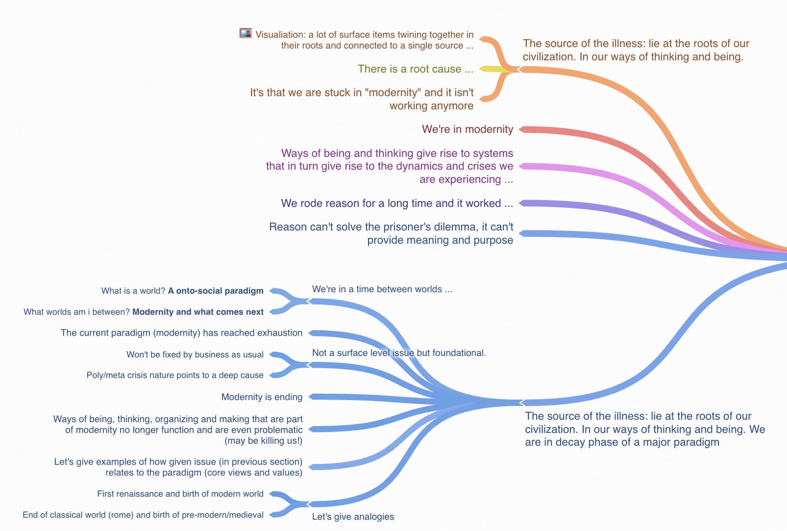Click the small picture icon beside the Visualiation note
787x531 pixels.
pyautogui.click(x=246, y=33)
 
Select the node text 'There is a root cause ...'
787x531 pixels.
pyautogui.click(x=415, y=69)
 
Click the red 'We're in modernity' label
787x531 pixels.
pyautogui.click(x=467, y=129)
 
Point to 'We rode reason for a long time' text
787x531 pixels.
pyautogui.click(x=391, y=203)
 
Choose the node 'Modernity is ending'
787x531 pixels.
pyautogui.click(x=262, y=397)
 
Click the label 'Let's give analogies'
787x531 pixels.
pyautogui.click(x=353, y=517)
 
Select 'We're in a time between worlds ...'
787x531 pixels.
pyautogui.click(x=382, y=289)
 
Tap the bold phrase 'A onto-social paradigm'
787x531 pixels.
pyautogui.click(x=216, y=291)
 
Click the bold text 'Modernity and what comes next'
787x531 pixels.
pyautogui.click(x=198, y=312)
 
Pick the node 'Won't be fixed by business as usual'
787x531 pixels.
pyautogui.click(x=195, y=354)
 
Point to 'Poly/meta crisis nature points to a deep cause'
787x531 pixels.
pyautogui.click(x=175, y=375)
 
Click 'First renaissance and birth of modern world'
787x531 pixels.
pyautogui.click(x=180, y=494)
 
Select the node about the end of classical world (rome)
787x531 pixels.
pyautogui.click(x=143, y=515)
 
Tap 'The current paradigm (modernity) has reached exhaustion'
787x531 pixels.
pyautogui.click(x=181, y=333)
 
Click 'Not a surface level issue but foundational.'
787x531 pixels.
pyautogui.click(x=399, y=353)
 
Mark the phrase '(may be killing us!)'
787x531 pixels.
pyautogui.click(x=264, y=441)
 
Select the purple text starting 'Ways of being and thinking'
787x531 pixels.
pyautogui.click(x=389, y=166)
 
